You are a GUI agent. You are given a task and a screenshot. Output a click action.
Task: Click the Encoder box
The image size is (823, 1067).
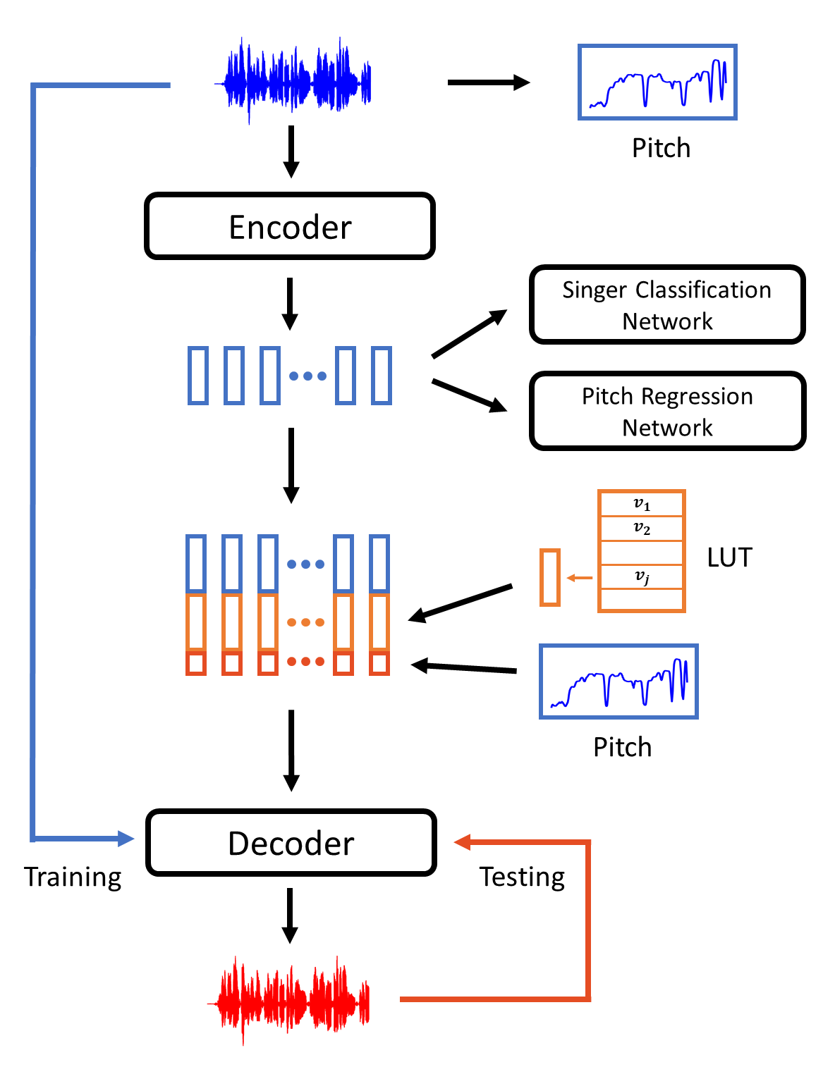(x=290, y=226)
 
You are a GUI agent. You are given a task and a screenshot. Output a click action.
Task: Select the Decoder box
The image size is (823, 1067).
(x=291, y=843)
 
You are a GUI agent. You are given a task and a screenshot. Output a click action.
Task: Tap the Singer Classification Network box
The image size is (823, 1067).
(x=667, y=304)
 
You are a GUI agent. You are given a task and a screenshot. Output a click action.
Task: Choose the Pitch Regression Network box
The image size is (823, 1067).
(x=667, y=411)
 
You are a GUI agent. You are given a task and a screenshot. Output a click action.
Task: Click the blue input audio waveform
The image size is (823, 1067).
(x=295, y=82)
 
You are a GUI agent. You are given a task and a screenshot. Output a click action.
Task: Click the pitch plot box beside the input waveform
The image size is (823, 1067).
(x=657, y=82)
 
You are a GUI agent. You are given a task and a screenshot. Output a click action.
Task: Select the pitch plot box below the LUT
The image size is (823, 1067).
(x=618, y=681)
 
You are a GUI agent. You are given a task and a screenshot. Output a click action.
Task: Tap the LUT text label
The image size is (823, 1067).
(x=729, y=557)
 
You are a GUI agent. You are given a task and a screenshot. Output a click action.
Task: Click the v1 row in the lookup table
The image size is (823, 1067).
(x=641, y=504)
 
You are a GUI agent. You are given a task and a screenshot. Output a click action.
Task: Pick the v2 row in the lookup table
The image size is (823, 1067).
(x=641, y=528)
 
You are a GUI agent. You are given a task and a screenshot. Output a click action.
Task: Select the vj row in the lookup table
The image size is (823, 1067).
(x=641, y=576)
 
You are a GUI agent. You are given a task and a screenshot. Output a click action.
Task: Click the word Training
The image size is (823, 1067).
(x=73, y=877)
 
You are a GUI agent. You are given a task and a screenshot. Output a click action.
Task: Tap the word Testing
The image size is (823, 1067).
(x=522, y=877)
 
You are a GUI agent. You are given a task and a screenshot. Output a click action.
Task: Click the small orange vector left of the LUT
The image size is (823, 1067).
(x=550, y=578)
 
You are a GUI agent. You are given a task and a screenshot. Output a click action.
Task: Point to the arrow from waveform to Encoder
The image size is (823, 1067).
(x=291, y=152)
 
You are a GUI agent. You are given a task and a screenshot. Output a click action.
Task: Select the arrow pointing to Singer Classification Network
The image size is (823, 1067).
(x=469, y=333)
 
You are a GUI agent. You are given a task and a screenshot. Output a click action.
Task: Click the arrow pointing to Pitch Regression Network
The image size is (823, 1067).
(x=469, y=395)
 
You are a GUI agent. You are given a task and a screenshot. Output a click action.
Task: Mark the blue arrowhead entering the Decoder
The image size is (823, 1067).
(x=126, y=839)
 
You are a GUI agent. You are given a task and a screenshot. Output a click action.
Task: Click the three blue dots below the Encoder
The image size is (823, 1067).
(x=308, y=376)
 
